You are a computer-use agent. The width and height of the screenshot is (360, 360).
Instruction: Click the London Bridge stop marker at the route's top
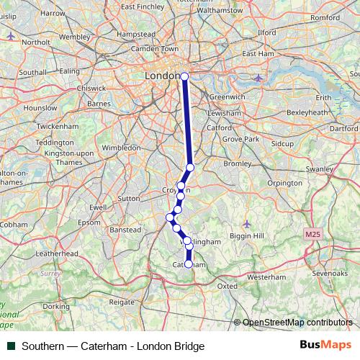[x=184, y=76]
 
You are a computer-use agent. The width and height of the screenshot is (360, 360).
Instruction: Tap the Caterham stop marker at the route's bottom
[x=189, y=264]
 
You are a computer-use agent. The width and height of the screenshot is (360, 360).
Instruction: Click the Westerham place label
[x=266, y=276]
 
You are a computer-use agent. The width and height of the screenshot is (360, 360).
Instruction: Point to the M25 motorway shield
[x=312, y=235]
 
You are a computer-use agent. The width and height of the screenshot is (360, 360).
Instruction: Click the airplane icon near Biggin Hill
[x=248, y=222]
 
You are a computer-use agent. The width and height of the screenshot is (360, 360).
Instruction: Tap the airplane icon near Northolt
[x=10, y=35]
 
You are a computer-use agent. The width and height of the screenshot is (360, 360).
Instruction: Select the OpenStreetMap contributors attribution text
[x=297, y=323]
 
